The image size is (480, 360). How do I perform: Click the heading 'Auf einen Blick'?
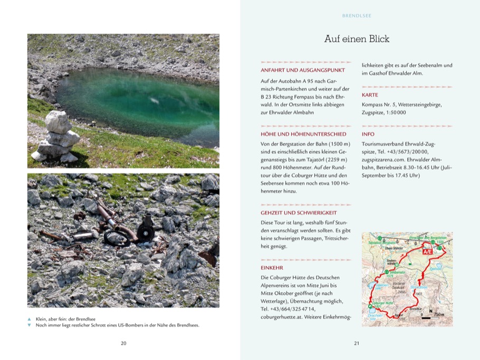[357, 40]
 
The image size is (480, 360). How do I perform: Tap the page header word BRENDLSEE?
[357, 16]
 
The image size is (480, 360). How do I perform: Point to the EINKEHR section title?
[272, 267]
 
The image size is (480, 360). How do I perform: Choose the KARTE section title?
[370, 95]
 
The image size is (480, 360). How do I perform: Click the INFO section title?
[368, 134]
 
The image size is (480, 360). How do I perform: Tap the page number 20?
[123, 343]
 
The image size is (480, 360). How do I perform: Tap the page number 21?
[357, 343]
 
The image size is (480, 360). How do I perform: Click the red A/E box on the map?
[428, 251]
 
